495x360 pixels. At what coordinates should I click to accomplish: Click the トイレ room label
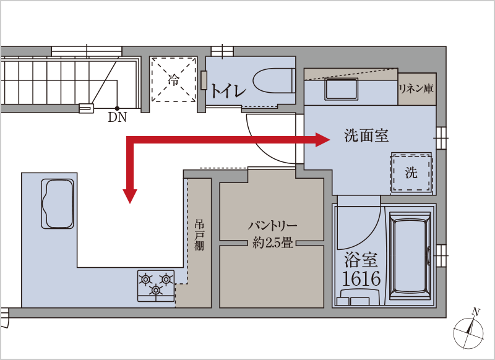pos(228,91)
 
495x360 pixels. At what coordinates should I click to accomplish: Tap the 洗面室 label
pos(366,135)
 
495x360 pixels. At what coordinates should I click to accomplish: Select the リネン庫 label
pos(416,88)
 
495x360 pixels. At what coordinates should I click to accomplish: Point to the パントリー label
pos(272,226)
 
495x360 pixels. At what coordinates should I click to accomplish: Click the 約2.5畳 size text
pos(272,242)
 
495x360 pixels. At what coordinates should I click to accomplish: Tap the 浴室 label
pos(361,259)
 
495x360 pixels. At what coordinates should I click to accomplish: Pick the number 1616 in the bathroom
pos(361,278)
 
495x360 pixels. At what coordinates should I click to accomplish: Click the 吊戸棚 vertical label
pos(199,235)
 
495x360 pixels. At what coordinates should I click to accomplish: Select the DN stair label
pos(117,118)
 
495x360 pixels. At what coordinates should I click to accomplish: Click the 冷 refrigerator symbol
pos(173,79)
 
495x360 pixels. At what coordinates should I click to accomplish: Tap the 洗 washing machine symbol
pos(411,173)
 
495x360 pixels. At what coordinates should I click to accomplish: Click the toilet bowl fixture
pos(273,81)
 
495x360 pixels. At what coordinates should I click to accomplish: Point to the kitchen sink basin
pos(58,204)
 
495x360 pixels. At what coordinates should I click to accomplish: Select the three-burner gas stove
pos(156,286)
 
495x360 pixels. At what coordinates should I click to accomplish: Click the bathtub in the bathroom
pos(410,256)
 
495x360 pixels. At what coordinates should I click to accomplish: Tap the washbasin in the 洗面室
pos(341,89)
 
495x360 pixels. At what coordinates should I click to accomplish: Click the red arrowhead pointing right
pos(322,140)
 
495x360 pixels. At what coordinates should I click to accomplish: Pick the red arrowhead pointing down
pos(130,196)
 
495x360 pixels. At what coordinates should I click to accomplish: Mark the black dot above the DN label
pos(117,108)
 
